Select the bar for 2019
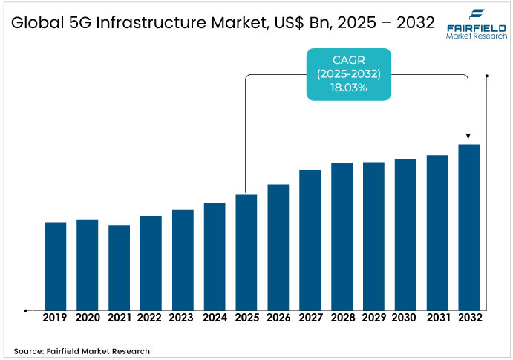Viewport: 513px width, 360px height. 56,266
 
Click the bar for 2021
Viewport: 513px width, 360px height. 119,267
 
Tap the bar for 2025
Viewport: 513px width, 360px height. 246,252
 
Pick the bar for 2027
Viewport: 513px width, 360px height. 310,240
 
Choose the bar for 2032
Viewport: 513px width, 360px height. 469,227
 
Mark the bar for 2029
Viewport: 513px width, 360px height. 373,236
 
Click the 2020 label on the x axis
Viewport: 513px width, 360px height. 87,318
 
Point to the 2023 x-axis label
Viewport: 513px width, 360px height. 183,318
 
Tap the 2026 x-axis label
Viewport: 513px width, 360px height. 278,318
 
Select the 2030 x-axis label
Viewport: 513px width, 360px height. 405,318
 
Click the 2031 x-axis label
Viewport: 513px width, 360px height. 438,318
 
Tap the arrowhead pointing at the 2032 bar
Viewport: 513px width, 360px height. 468,136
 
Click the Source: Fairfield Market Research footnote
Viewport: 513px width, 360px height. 82,350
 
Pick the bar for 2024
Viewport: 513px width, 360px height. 215,256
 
